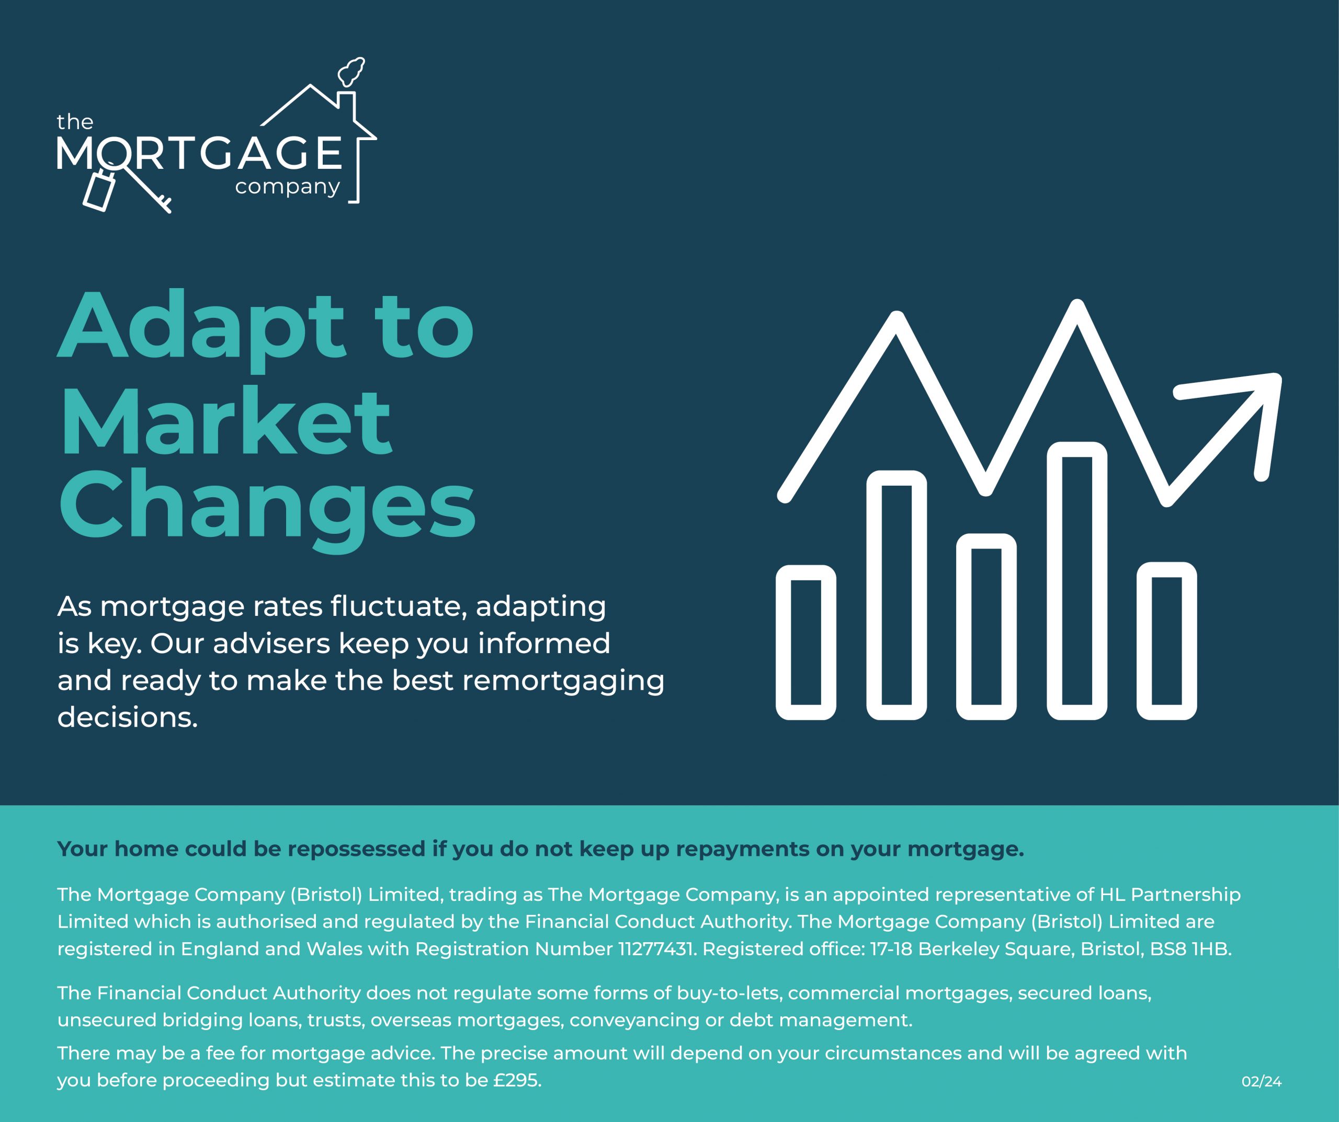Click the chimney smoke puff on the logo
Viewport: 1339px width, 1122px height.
click(x=351, y=72)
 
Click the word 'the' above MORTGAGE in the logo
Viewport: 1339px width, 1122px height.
click(x=75, y=122)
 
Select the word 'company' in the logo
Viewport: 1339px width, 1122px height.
click(x=288, y=187)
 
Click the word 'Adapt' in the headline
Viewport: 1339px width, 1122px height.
click(x=201, y=329)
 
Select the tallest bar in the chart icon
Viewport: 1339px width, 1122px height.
click(x=1077, y=580)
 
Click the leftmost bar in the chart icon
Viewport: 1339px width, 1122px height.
click(x=806, y=642)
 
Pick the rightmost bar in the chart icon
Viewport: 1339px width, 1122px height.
click(x=1167, y=640)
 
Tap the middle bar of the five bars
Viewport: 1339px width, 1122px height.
click(x=986, y=627)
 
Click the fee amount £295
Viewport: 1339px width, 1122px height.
click(x=517, y=1081)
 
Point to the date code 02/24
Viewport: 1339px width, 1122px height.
click(x=1261, y=1082)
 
